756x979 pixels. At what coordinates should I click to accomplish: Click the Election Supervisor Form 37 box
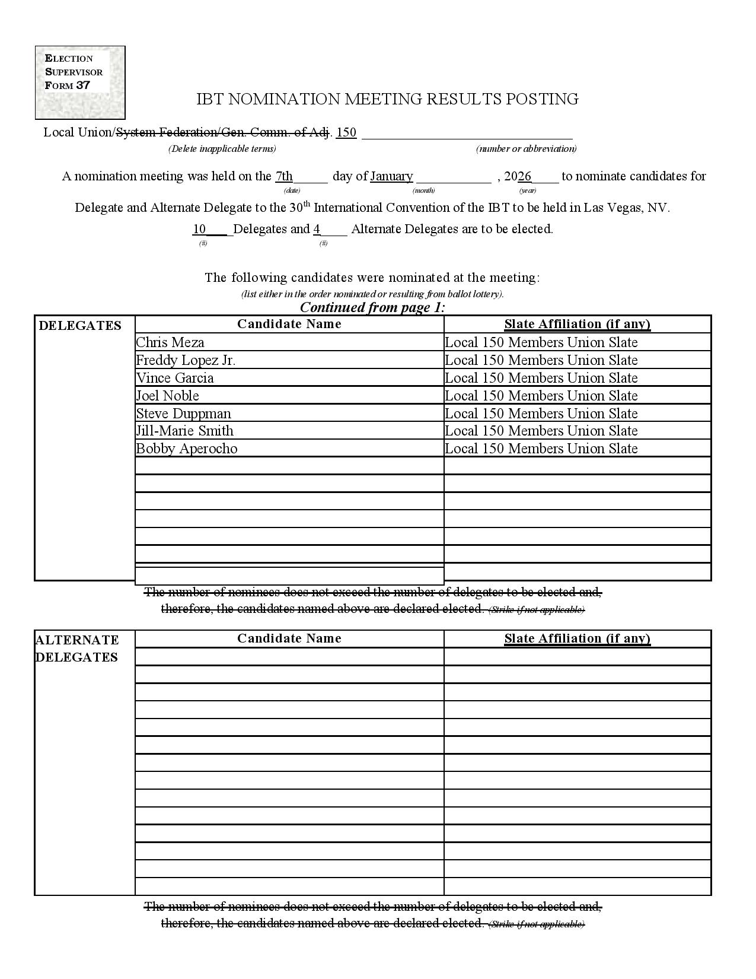click(x=80, y=82)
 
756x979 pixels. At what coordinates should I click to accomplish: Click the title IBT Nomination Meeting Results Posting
click(x=387, y=99)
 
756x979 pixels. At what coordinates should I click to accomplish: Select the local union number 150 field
click(x=346, y=132)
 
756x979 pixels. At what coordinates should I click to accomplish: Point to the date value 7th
click(x=284, y=176)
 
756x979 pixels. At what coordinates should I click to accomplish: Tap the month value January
click(x=391, y=176)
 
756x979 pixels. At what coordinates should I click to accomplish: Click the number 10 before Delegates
click(x=199, y=229)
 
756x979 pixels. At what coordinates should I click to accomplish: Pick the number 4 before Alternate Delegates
click(x=317, y=229)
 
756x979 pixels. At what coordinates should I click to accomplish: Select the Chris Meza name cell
click(x=170, y=342)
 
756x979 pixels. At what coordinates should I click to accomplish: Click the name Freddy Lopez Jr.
click(x=186, y=360)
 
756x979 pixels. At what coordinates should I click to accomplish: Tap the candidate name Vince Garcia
click(x=175, y=378)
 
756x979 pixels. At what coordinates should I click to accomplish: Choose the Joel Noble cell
click(x=167, y=396)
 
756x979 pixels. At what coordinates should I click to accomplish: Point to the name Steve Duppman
click(x=183, y=414)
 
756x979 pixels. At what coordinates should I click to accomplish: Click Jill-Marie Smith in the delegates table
click(x=184, y=431)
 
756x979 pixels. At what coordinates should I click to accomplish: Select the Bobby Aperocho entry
click(x=187, y=449)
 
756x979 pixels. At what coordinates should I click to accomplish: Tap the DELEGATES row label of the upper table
click(x=80, y=325)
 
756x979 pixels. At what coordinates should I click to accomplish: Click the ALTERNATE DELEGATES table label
click(x=77, y=649)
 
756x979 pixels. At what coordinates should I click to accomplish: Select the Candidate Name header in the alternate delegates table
click(x=289, y=638)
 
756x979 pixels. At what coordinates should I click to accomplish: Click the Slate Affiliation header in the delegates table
click(x=577, y=324)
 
